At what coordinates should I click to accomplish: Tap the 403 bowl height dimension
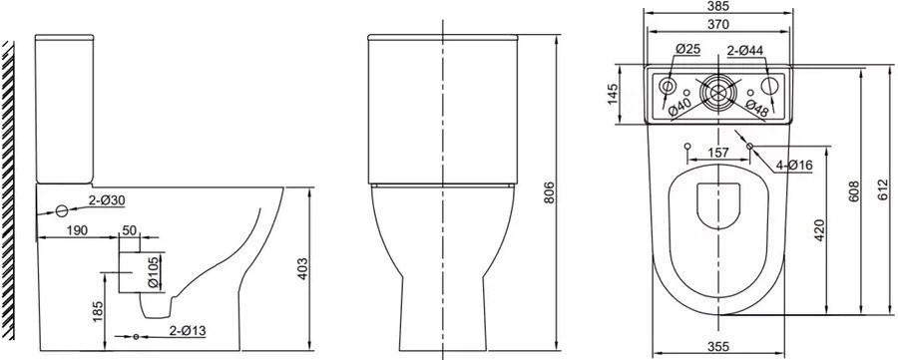click(303, 268)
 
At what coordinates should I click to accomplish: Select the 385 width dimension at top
click(718, 6)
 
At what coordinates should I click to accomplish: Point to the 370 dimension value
click(718, 24)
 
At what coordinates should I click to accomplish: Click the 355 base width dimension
click(718, 346)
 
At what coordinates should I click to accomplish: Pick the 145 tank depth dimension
click(613, 95)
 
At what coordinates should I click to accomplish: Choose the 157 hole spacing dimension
click(718, 153)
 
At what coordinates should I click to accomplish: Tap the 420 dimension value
click(819, 230)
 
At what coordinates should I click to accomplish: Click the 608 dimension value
click(854, 192)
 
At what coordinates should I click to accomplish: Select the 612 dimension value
click(887, 189)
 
